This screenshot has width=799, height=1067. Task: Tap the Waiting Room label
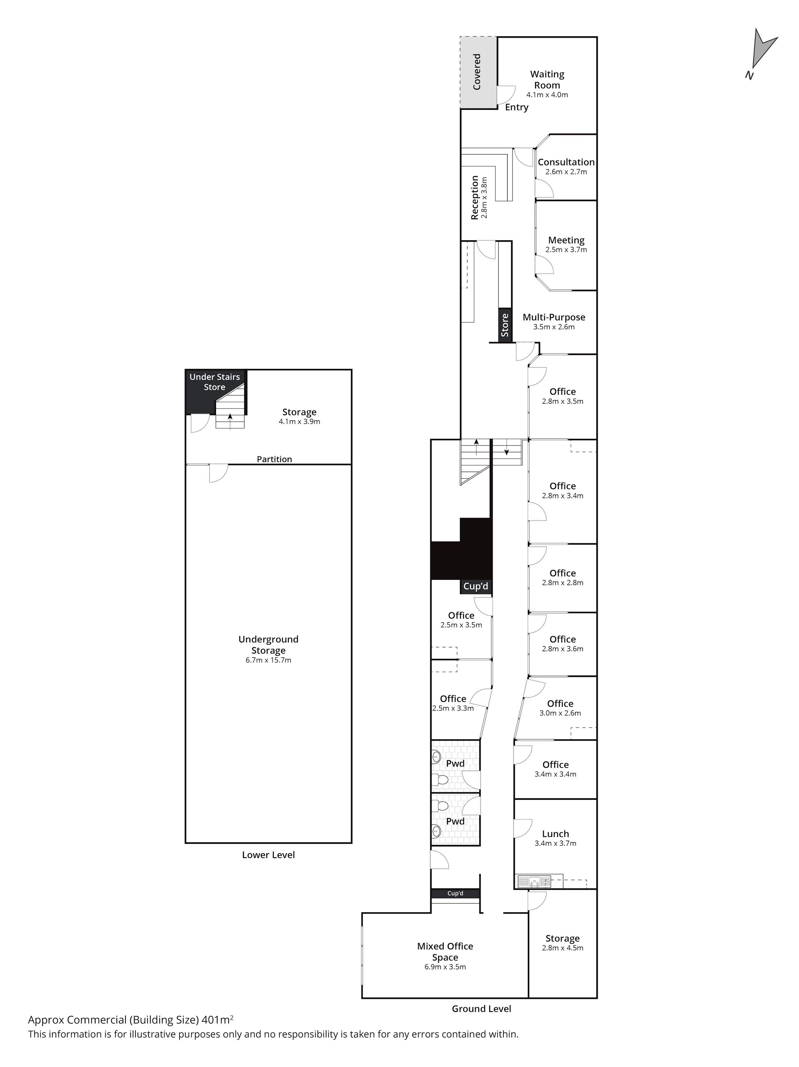(x=547, y=80)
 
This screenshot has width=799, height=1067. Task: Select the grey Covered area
(x=477, y=72)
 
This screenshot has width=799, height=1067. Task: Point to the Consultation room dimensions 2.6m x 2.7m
(x=566, y=172)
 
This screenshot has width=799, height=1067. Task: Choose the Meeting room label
(x=566, y=240)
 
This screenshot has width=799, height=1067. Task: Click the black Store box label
(x=505, y=325)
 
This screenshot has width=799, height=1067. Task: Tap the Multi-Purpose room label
(x=554, y=317)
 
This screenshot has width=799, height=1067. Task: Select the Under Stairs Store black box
(x=215, y=391)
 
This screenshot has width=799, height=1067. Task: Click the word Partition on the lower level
(x=274, y=459)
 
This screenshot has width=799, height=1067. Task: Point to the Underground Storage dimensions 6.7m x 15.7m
(x=268, y=660)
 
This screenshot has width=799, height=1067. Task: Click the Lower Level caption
(x=268, y=855)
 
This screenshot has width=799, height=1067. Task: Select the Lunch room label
(x=555, y=833)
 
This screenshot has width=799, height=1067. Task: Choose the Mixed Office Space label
(x=445, y=952)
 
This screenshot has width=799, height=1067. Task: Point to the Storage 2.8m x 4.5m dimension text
(x=562, y=948)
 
